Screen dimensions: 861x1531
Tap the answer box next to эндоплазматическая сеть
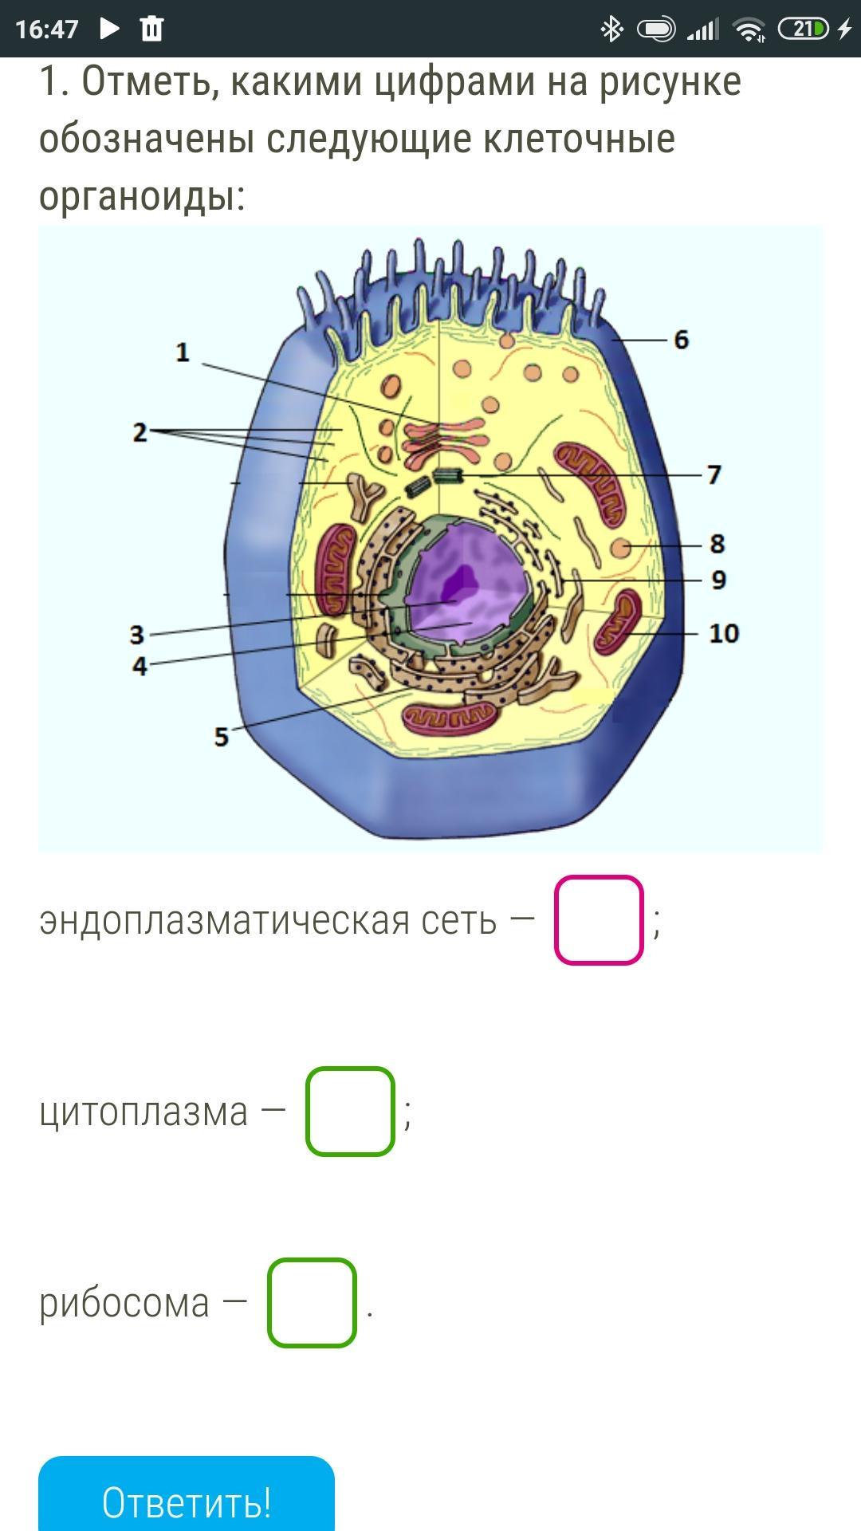click(599, 920)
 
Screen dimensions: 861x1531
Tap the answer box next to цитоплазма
click(350, 1112)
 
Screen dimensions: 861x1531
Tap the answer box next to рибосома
click(312, 1303)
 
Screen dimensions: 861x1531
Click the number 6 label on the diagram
click(681, 340)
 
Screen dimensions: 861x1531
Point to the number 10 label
click(723, 634)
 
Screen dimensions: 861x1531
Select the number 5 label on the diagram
click(222, 737)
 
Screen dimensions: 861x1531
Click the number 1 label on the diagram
click(183, 352)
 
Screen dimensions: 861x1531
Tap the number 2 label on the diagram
click(140, 433)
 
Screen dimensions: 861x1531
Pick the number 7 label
click(714, 475)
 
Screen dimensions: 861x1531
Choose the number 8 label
click(717, 544)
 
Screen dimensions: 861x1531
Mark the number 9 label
click(718, 581)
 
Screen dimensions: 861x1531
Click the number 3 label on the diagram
click(137, 636)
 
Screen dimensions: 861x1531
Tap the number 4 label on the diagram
click(140, 666)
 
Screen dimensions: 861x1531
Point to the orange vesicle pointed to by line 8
click(621, 548)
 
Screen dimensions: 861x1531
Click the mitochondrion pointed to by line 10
click(619, 622)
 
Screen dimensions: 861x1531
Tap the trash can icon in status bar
click(151, 30)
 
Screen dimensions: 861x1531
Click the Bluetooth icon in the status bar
click(611, 30)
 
